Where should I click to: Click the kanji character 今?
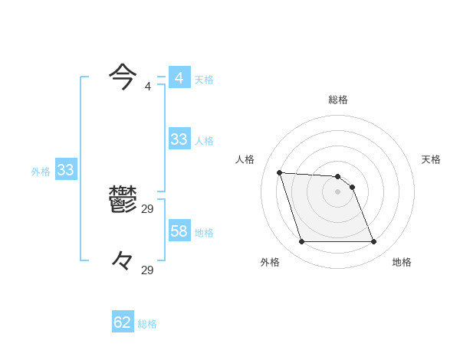tap(123, 76)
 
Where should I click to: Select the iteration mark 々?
tap(123, 261)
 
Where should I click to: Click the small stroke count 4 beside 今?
tap(148, 86)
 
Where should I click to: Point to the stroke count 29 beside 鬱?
tap(148, 208)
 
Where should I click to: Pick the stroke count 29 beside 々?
tap(148, 270)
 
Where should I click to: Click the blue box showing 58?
tap(179, 231)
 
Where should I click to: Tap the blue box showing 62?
tap(123, 322)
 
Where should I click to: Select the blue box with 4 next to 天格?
tap(179, 78)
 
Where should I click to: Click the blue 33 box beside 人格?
tap(179, 139)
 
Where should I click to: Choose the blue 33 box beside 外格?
tap(65, 170)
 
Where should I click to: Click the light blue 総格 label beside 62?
tap(147, 324)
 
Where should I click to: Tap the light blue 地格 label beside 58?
tap(204, 233)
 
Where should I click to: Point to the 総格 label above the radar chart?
tap(338, 100)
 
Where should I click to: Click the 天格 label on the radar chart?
tap(431, 159)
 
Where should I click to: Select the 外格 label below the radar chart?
tap(270, 262)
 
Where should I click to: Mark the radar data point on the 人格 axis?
tap(279, 172)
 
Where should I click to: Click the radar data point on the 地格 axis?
tap(374, 242)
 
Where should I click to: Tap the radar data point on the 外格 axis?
tap(301, 242)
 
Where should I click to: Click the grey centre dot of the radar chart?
tap(338, 191)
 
